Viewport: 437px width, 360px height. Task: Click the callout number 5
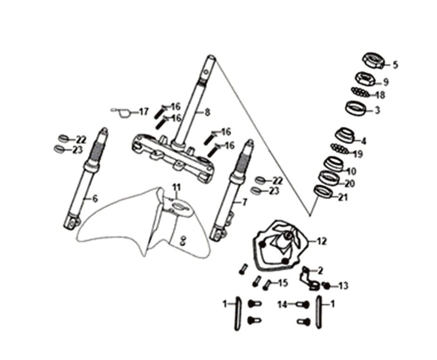[395, 65]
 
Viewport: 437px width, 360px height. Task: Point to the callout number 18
[380, 95]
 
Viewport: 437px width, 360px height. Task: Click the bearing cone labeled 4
[345, 136]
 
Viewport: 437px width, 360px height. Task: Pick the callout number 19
[358, 154]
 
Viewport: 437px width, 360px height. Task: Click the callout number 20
[349, 183]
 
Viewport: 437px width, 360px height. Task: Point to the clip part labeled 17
[122, 112]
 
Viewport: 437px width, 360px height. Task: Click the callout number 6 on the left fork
[95, 199]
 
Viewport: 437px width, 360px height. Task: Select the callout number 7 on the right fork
[245, 202]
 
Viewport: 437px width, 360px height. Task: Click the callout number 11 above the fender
[176, 187]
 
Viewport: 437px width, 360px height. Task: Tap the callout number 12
[322, 241]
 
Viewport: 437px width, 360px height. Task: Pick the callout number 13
[343, 286]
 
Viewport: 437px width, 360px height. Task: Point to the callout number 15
[283, 282]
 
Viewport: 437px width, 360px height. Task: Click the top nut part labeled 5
[373, 60]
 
